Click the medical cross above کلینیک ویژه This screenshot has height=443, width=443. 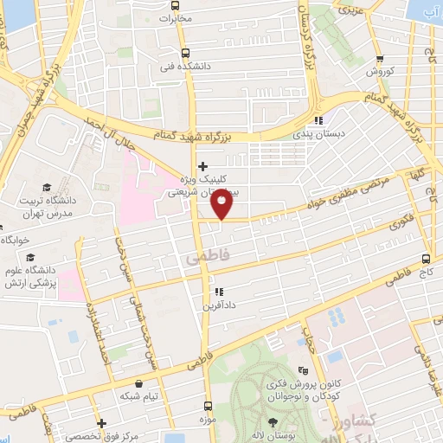coord(202,166)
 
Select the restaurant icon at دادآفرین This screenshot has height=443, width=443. coord(219,292)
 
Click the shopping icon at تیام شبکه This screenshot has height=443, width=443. coord(138,382)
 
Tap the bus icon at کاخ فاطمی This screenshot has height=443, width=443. coord(426,258)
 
